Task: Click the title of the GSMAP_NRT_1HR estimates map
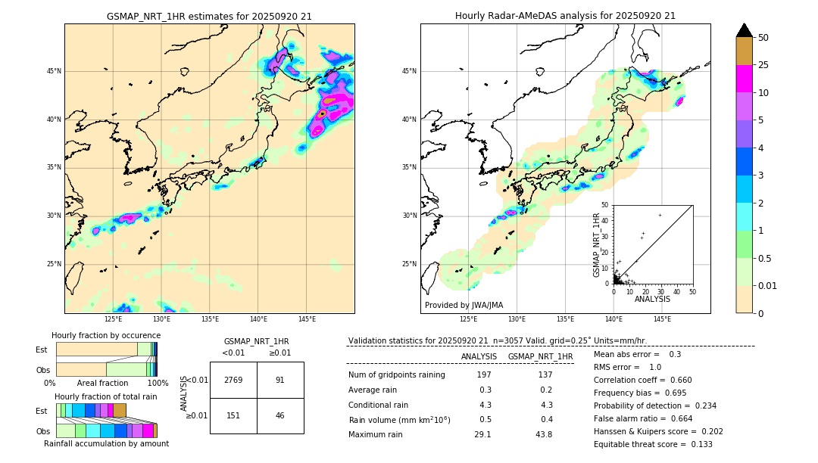(209, 16)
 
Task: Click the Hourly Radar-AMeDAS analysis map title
(565, 16)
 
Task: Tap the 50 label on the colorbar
(763, 38)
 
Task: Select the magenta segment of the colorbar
(744, 79)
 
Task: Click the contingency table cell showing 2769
(233, 380)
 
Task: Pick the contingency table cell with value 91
(280, 380)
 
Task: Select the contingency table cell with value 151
(233, 415)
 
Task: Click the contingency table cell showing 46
(280, 415)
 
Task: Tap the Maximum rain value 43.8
(544, 434)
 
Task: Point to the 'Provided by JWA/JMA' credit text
(464, 305)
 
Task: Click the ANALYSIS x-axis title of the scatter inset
(652, 299)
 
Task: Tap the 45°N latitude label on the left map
(54, 71)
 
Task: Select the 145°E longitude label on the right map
(662, 319)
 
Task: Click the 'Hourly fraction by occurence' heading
(106, 335)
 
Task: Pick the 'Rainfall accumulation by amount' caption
(107, 443)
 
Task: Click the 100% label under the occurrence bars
(158, 383)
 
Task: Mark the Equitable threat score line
(653, 444)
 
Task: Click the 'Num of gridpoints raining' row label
(397, 374)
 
